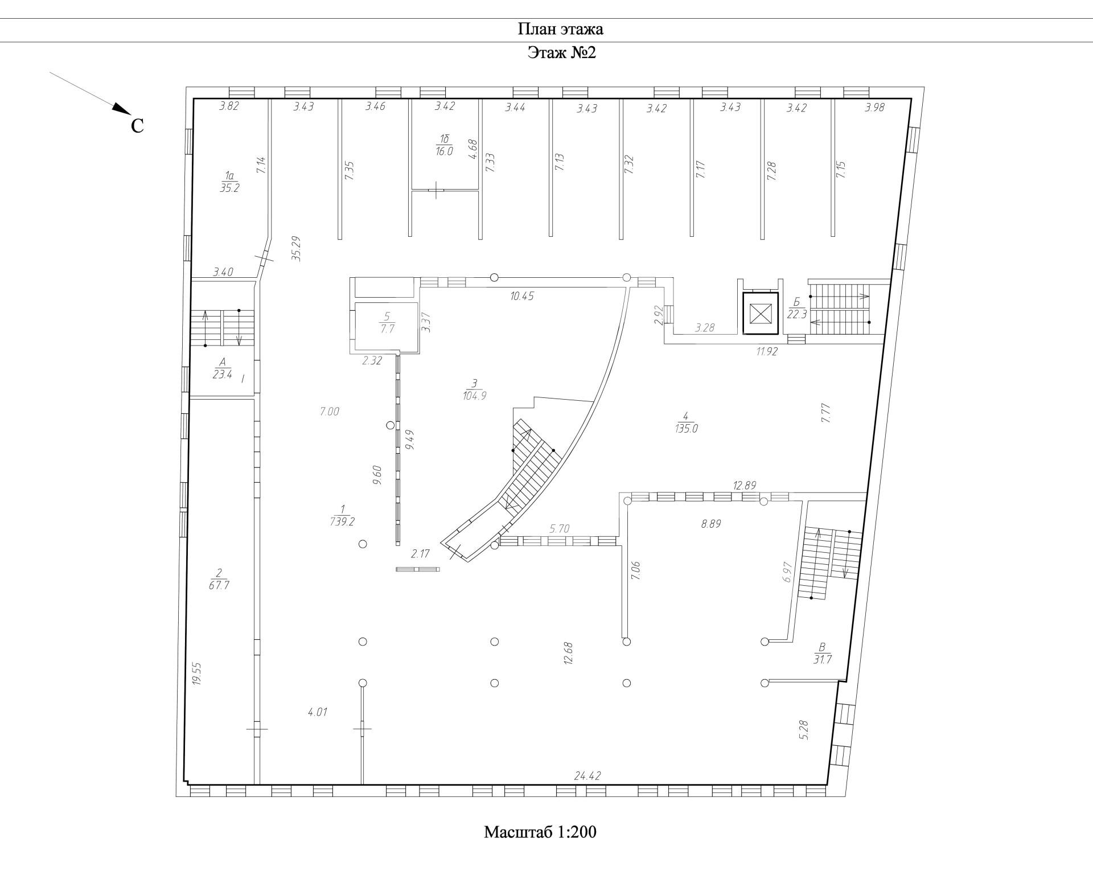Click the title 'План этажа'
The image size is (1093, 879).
(x=560, y=29)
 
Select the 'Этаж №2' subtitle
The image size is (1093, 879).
(x=561, y=53)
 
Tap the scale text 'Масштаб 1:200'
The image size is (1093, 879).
(x=540, y=832)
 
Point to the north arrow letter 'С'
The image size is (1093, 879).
(x=137, y=126)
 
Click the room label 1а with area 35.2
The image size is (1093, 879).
(x=229, y=182)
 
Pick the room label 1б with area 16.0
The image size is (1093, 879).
(x=444, y=146)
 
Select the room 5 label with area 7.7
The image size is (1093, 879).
(x=387, y=323)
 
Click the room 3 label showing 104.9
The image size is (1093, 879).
(x=474, y=389)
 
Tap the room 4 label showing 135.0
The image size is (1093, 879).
(x=686, y=422)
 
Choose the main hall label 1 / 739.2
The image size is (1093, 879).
(x=342, y=515)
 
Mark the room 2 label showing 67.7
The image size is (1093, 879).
(x=219, y=579)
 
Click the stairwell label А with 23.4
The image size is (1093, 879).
(x=222, y=368)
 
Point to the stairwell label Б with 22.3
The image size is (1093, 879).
(x=797, y=308)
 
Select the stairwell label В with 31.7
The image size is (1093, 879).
(x=822, y=653)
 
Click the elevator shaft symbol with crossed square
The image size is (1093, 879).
(x=760, y=313)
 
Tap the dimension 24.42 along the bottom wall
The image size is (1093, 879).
(x=588, y=776)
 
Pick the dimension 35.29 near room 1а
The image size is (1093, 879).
(x=296, y=248)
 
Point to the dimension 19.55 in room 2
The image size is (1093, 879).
(x=197, y=673)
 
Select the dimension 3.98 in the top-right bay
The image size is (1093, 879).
(x=874, y=107)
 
